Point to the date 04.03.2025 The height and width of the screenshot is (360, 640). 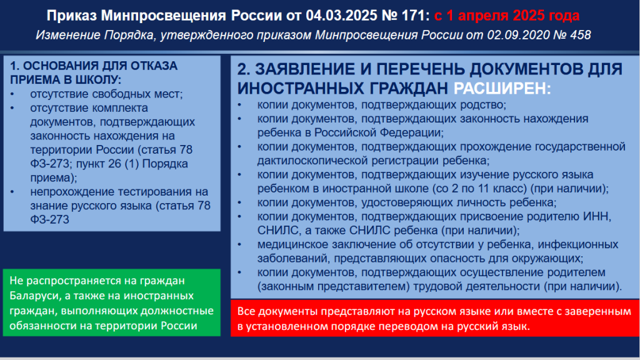click(x=342, y=16)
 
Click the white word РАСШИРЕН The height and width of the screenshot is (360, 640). click(x=499, y=88)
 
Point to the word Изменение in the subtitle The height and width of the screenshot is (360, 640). click(x=67, y=35)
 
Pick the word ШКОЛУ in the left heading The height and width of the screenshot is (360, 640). click(x=100, y=80)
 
